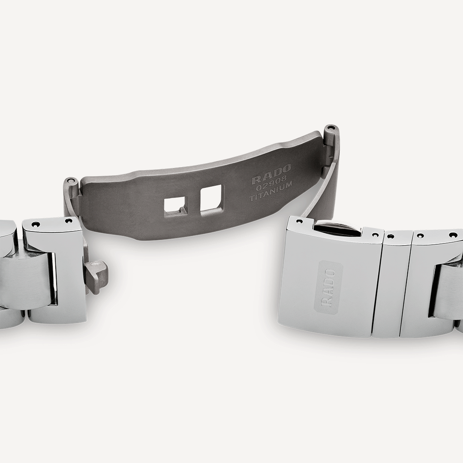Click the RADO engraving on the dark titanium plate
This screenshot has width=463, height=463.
click(271, 173)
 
